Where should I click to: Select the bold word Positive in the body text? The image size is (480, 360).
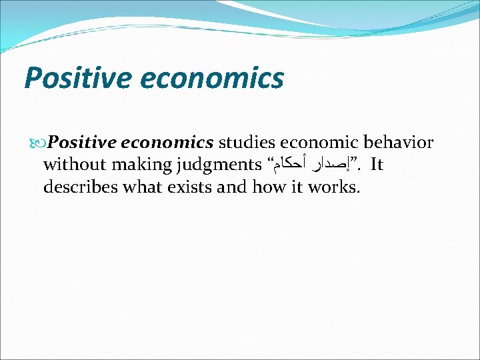(81, 143)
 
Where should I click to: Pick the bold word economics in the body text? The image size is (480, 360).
(167, 143)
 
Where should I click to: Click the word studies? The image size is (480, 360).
(247, 143)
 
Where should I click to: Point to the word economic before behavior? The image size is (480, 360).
(321, 143)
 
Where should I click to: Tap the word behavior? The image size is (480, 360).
(400, 143)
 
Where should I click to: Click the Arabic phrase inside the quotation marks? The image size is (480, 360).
(311, 165)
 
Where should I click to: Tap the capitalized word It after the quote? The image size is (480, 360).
(376, 165)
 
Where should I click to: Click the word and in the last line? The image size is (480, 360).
(233, 187)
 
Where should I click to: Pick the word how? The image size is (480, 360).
(270, 187)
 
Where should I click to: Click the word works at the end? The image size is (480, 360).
(334, 187)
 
